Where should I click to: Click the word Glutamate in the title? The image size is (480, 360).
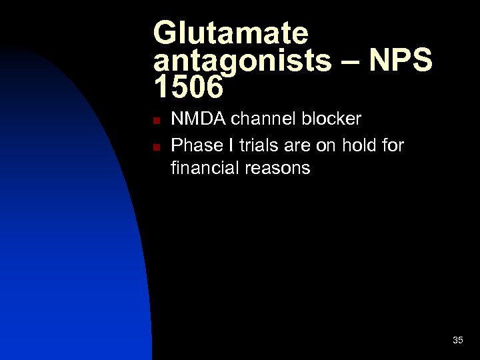[231, 33]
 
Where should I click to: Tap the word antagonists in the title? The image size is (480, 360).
[242, 61]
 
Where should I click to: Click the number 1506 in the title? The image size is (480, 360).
[186, 86]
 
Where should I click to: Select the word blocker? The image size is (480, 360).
[331, 119]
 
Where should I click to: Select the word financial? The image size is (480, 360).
[204, 169]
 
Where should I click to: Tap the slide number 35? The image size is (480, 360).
[457, 340]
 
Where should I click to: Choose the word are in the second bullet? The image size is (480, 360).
[294, 145]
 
